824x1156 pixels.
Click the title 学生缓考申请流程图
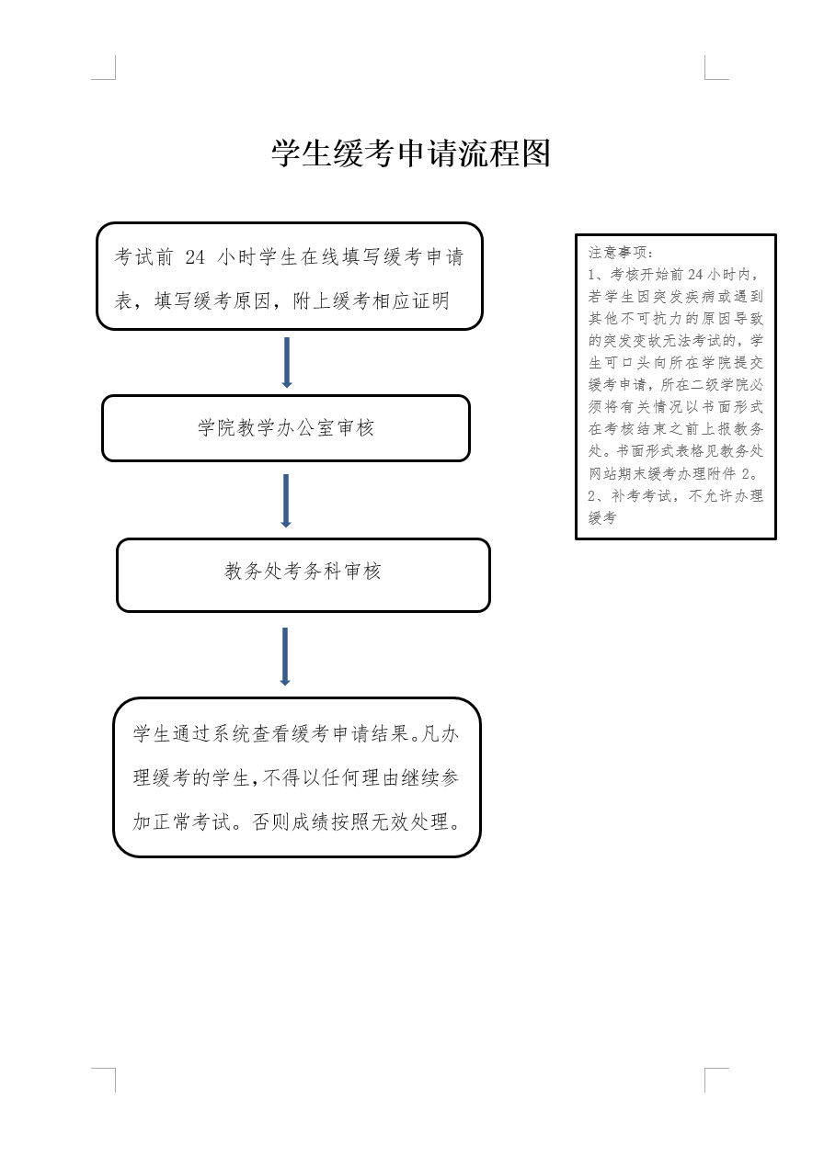(x=411, y=153)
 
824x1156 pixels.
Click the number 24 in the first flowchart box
(x=195, y=257)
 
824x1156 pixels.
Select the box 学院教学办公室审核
(x=286, y=428)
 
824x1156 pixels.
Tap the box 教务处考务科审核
(x=303, y=575)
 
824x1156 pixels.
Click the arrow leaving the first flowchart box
(x=287, y=362)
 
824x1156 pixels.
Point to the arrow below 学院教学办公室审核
(x=286, y=501)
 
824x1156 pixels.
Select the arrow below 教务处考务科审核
(x=285, y=656)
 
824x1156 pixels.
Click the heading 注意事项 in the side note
(x=618, y=253)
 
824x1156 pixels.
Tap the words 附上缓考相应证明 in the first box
(x=371, y=301)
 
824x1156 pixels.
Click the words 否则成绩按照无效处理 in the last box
(x=350, y=822)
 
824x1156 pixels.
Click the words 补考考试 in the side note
(x=641, y=496)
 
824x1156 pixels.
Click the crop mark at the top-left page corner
(x=109, y=74)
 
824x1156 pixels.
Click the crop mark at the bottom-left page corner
(x=109, y=1074)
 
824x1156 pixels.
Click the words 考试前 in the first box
(x=143, y=257)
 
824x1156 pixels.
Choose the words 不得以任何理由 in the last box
(x=322, y=778)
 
